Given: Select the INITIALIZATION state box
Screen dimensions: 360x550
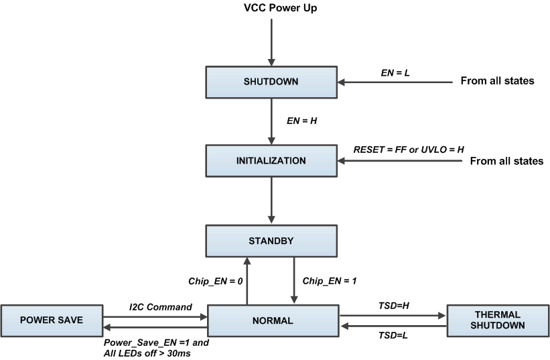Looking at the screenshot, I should tap(271, 161).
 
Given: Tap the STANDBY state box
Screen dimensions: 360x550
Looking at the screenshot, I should tap(271, 239).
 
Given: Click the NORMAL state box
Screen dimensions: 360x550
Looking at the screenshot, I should tap(273, 320).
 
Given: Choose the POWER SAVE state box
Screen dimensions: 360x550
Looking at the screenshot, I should tap(51, 320).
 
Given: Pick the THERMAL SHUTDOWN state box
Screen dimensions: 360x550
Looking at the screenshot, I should tap(496, 320).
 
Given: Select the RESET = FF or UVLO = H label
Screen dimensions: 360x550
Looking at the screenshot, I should tap(409, 149).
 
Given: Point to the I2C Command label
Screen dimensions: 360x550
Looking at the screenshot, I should tap(161, 307).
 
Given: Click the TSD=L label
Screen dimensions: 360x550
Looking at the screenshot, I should tap(393, 333).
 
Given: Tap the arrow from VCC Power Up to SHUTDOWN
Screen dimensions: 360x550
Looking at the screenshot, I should tap(271, 40).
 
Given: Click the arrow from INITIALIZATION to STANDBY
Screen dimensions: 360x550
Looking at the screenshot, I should tap(271, 199).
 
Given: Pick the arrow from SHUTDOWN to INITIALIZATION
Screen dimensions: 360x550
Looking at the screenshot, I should tap(271, 121).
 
